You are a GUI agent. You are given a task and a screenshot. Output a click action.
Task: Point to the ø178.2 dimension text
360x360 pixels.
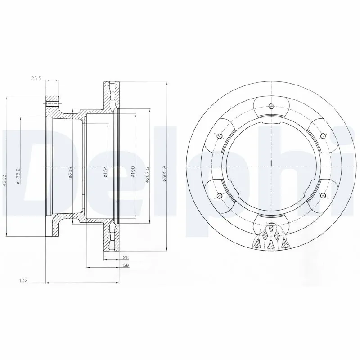(x=18, y=176)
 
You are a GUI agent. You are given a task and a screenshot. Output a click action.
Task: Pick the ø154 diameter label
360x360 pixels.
(x=105, y=171)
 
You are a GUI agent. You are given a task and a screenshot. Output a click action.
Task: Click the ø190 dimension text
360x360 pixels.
(x=133, y=171)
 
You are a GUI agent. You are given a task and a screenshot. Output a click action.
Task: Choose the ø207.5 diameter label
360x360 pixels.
(x=147, y=176)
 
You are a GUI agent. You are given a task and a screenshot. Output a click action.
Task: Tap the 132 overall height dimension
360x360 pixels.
(x=23, y=280)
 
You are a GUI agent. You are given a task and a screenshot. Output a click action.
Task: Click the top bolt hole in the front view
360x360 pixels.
(x=271, y=107)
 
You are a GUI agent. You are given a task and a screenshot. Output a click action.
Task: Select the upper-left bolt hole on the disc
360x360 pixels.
(x=219, y=137)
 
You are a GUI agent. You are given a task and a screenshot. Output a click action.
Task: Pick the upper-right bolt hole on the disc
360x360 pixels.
(x=322, y=136)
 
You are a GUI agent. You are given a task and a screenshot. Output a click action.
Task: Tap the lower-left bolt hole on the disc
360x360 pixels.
(x=219, y=195)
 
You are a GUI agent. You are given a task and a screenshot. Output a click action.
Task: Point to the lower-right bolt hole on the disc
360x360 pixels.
(x=323, y=195)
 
